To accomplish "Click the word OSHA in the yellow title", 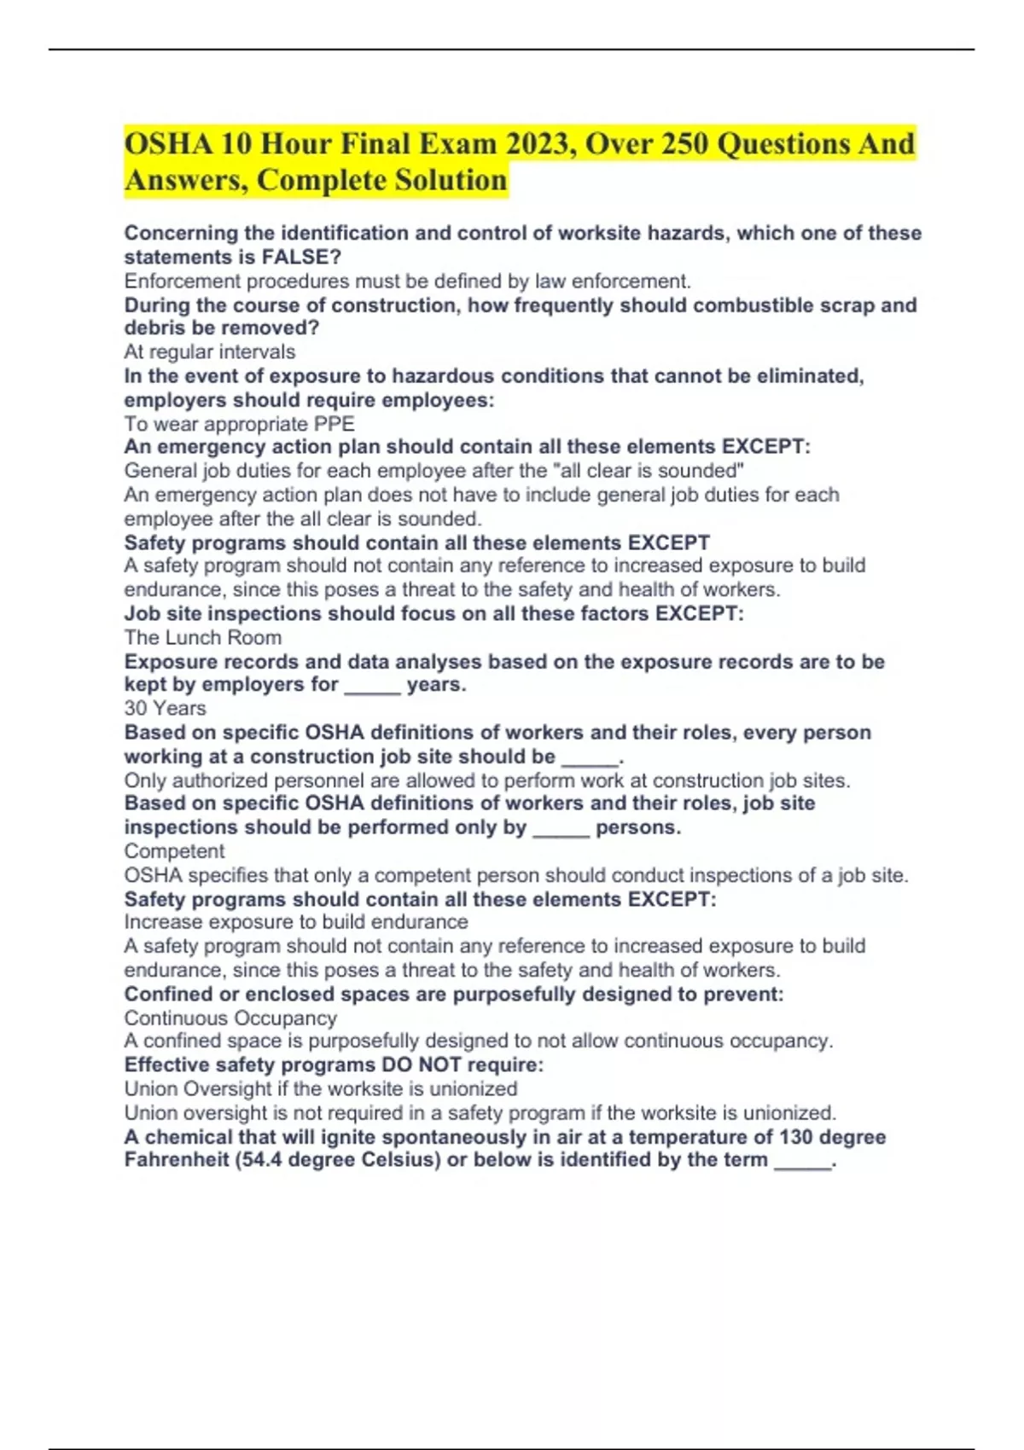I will point(167,143).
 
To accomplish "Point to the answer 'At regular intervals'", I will point(210,351).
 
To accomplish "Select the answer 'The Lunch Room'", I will point(203,637).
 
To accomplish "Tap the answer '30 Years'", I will point(165,708).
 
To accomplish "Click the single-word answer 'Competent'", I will point(174,850).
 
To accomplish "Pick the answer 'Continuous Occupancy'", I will point(230,1018).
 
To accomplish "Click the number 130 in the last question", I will point(795,1137).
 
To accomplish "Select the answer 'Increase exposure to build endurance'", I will point(296,921).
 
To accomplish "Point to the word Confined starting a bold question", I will point(169,994).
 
